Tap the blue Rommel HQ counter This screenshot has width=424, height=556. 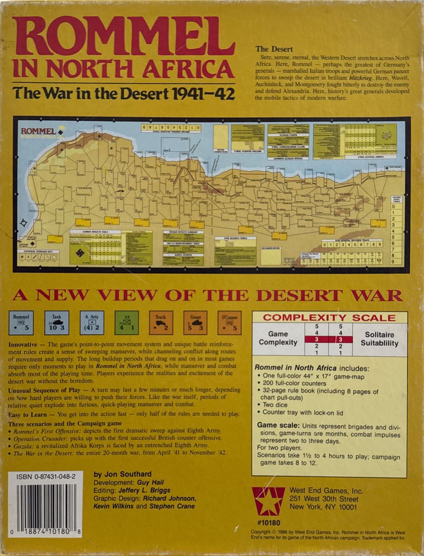click(21, 322)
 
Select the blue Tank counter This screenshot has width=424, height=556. click(56, 322)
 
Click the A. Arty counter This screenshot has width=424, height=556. click(92, 322)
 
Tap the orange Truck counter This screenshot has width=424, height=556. click(161, 322)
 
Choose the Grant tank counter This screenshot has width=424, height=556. click(195, 322)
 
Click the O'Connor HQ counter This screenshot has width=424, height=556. click(229, 322)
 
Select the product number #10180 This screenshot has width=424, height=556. click(268, 523)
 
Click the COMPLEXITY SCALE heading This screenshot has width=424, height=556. click(329, 318)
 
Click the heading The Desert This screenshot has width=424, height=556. click(274, 49)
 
